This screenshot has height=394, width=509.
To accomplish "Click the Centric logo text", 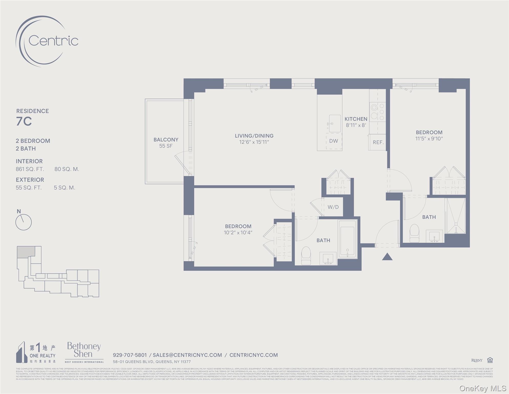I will [x=53, y=41].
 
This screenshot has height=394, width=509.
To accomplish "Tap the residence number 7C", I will [x=24, y=121].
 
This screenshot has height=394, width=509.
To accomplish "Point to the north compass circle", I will [x=23, y=222].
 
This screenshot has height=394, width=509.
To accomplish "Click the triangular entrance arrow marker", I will [x=387, y=257].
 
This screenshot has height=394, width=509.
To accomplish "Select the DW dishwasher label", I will [x=334, y=141].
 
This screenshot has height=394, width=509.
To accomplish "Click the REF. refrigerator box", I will [x=378, y=142].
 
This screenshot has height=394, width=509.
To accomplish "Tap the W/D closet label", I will [x=333, y=207].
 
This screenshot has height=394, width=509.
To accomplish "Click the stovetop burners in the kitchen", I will [x=378, y=112].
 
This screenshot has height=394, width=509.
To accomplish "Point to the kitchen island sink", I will [x=335, y=124].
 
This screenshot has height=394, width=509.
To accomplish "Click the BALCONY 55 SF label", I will [x=166, y=143].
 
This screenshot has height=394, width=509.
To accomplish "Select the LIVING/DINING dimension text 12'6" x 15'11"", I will [x=254, y=142].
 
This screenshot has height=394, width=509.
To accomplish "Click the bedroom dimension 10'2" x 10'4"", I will [x=238, y=233].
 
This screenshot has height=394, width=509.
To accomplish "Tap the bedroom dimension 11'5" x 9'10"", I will [x=429, y=139].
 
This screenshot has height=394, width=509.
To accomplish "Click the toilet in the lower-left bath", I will [x=306, y=255].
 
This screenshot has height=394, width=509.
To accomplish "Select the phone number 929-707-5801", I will [x=130, y=355].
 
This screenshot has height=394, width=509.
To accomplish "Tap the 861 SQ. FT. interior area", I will [x=30, y=169].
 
